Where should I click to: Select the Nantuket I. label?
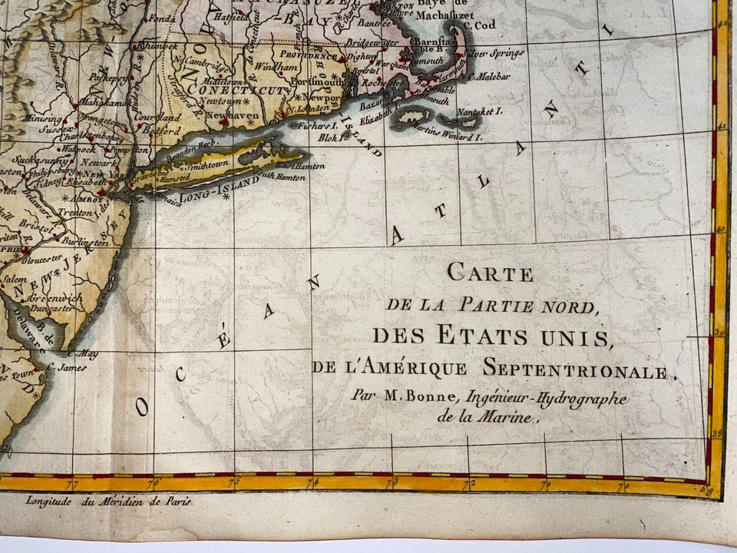point(479,112)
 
